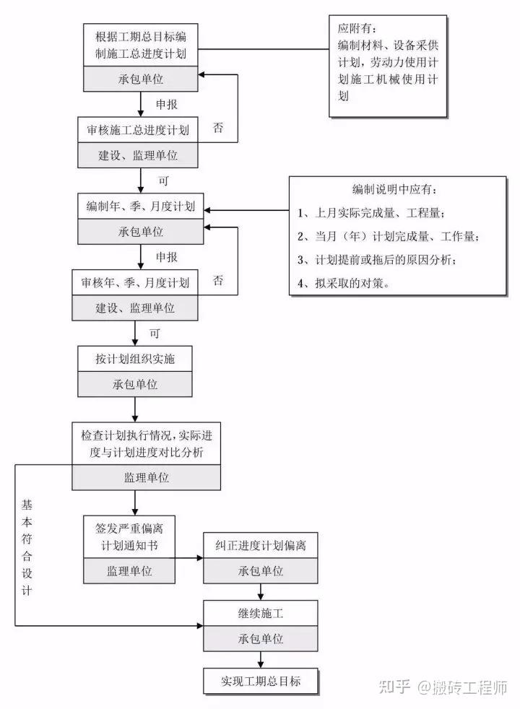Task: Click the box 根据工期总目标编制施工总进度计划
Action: (140, 43)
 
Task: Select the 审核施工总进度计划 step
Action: (138, 131)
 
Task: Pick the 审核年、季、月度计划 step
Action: (135, 283)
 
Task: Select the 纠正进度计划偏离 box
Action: (260, 546)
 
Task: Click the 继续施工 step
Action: (260, 615)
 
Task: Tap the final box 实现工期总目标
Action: (260, 681)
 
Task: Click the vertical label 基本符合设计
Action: (27, 547)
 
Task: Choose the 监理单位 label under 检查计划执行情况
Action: (146, 477)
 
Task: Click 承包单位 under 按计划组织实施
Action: (135, 384)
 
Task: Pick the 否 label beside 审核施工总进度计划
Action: (218, 128)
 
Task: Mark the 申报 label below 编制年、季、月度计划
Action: (167, 256)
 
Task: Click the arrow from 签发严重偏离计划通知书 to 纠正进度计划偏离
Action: (189, 558)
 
